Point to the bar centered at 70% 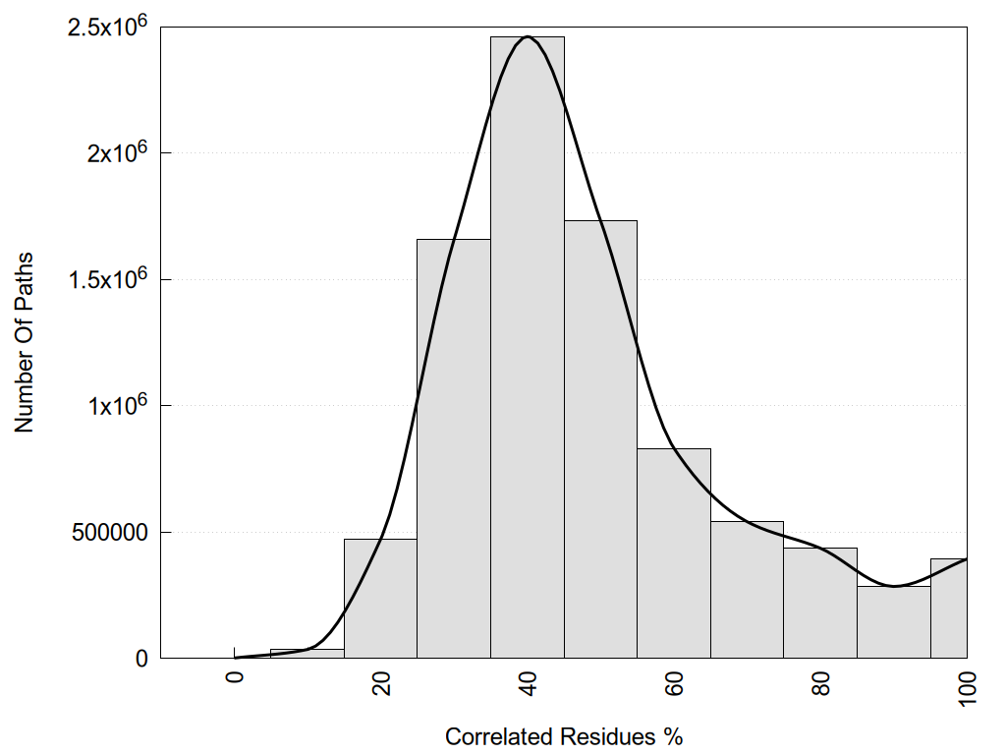748,589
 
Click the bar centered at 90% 894,621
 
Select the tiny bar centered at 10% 307,654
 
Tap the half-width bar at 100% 949,609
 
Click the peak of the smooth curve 528,36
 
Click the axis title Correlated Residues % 563,736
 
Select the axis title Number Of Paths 25,342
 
